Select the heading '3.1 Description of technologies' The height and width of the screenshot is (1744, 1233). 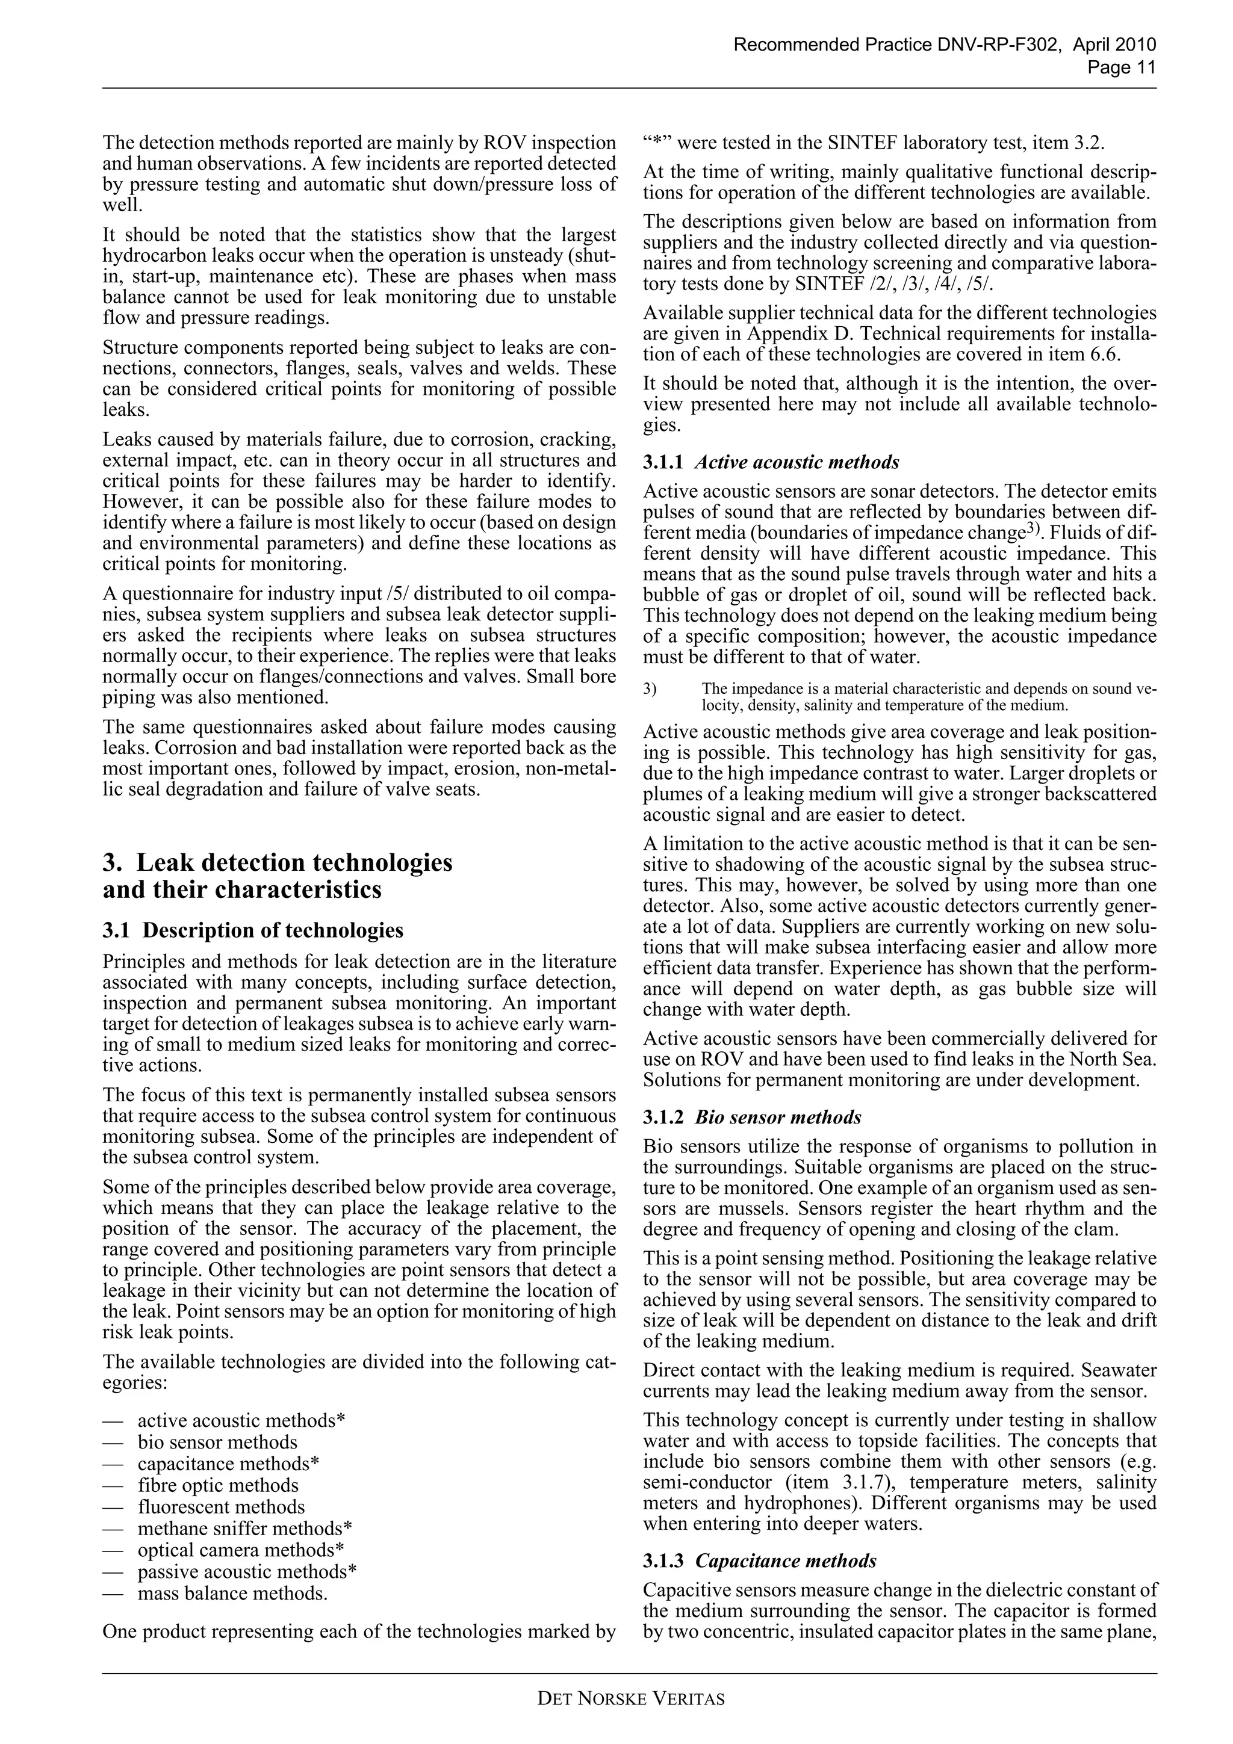253,930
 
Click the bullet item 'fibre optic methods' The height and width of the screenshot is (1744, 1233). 217,1485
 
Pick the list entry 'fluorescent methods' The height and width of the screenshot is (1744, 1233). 220,1506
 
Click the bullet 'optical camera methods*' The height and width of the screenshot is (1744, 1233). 241,1550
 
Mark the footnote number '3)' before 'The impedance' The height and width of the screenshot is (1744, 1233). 650,689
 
